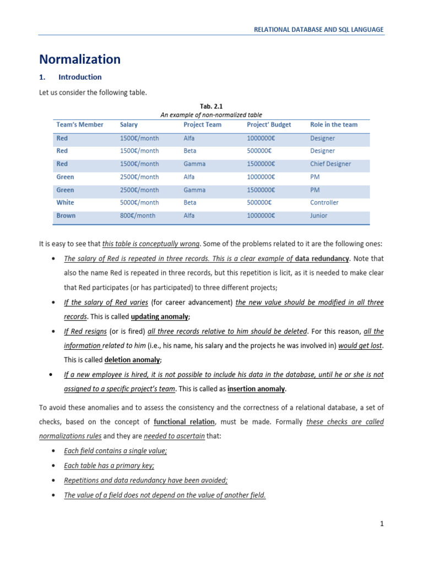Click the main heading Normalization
click(x=79, y=59)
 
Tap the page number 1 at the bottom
click(x=381, y=524)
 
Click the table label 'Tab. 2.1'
click(x=211, y=106)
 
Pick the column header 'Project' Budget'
click(x=269, y=125)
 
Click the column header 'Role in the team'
click(x=334, y=125)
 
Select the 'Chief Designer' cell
click(x=330, y=164)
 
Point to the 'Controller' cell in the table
click(x=324, y=202)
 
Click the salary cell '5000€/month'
click(x=139, y=202)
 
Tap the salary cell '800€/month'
click(x=138, y=216)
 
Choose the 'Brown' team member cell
click(x=66, y=216)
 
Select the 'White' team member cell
click(x=65, y=202)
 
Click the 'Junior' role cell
click(x=318, y=216)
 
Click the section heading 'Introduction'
click(x=80, y=77)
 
